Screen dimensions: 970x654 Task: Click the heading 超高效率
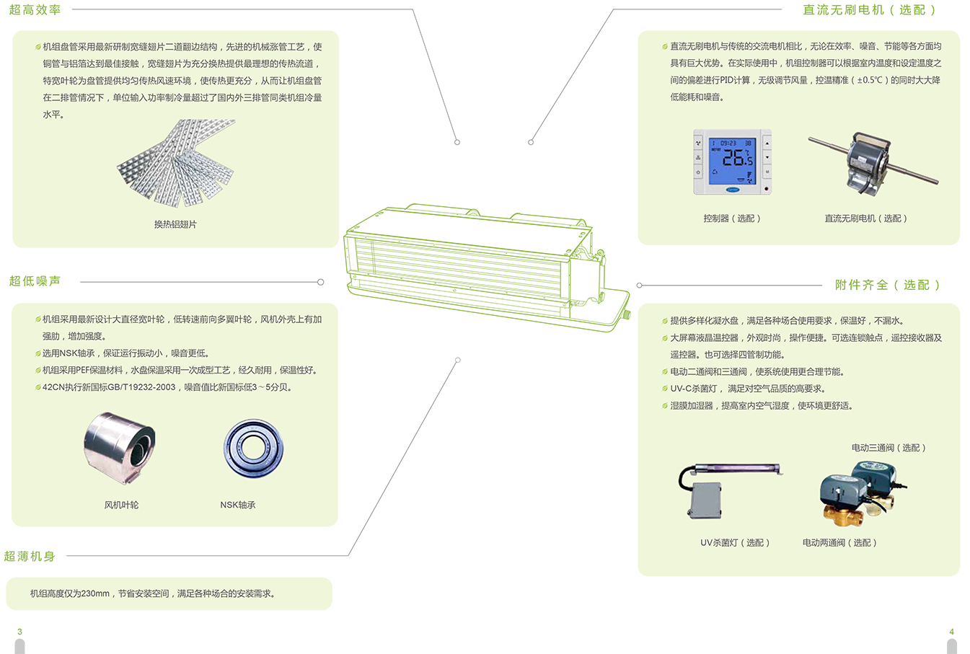tap(35, 9)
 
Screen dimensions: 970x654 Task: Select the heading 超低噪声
tap(35, 281)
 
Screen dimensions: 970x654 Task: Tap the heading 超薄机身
tap(30, 556)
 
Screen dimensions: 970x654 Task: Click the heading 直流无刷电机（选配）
tap(870, 9)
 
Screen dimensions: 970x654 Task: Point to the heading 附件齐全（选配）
tap(887, 285)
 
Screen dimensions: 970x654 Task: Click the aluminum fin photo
tap(176, 163)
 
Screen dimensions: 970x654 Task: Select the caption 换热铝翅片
tap(175, 224)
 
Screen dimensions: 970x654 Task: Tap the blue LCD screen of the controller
tap(732, 161)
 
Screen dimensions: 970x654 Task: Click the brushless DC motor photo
tap(873, 164)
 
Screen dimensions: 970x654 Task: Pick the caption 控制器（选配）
tap(732, 218)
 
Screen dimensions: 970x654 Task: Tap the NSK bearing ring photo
tap(253, 448)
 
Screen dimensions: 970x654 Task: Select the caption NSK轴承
tap(238, 505)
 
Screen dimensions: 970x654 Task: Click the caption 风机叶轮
tap(121, 505)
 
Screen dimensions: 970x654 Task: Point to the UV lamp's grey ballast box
tap(705, 500)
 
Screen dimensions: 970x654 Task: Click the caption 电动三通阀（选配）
tap(889, 448)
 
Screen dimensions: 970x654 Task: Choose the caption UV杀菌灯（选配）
tap(735, 542)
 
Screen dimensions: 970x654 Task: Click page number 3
tap(19, 632)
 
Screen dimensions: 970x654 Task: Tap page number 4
tap(952, 632)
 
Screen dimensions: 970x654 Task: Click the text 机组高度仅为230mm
tap(70, 593)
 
